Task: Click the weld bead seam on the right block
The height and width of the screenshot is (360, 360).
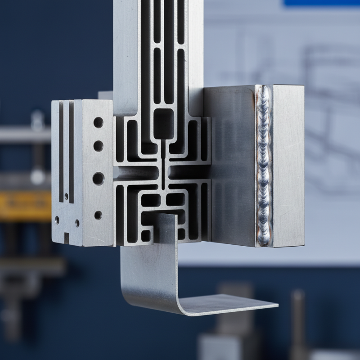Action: pyautogui.click(x=264, y=166)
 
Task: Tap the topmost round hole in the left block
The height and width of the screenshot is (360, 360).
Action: pyautogui.click(x=98, y=122)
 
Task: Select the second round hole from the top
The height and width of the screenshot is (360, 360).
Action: pyautogui.click(x=98, y=146)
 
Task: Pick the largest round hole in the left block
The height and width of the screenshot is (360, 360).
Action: pyautogui.click(x=98, y=178)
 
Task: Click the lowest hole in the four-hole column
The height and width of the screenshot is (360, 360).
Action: pyautogui.click(x=98, y=215)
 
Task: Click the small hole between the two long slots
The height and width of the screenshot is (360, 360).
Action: pyautogui.click(x=66, y=197)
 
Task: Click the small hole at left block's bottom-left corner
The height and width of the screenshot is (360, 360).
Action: pyautogui.click(x=57, y=220)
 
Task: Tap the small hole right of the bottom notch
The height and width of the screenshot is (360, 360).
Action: pyautogui.click(x=77, y=222)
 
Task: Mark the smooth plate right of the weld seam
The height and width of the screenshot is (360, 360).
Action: pyautogui.click(x=288, y=166)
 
